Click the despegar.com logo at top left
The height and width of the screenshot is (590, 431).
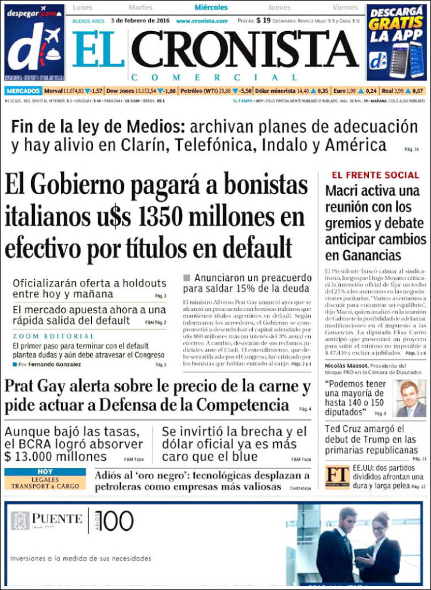[34, 43]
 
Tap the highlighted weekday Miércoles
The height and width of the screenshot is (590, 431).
[211, 7]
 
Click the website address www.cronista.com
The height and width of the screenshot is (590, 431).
[202, 21]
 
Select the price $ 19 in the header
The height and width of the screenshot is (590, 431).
[263, 20]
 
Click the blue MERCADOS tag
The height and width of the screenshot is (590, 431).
[24, 91]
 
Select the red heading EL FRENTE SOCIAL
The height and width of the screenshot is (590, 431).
[375, 175]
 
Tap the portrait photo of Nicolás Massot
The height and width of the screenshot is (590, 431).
[411, 398]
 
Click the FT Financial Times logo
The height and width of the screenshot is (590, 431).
[337, 477]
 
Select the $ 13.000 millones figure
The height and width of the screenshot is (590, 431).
[56, 457]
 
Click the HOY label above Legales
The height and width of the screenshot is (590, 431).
[45, 472]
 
